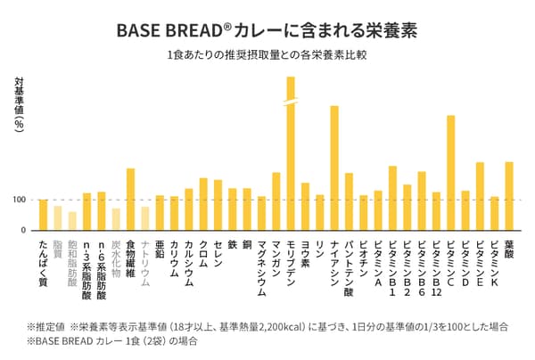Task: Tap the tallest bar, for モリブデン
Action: point(291,151)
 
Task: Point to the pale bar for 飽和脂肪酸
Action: point(72,221)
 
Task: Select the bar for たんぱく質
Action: point(43,215)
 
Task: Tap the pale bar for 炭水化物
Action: point(116,219)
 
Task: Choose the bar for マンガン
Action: point(276,201)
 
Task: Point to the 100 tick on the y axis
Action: point(19,200)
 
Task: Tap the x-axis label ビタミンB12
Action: point(436,267)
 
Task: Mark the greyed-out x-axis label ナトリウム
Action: point(144,262)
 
